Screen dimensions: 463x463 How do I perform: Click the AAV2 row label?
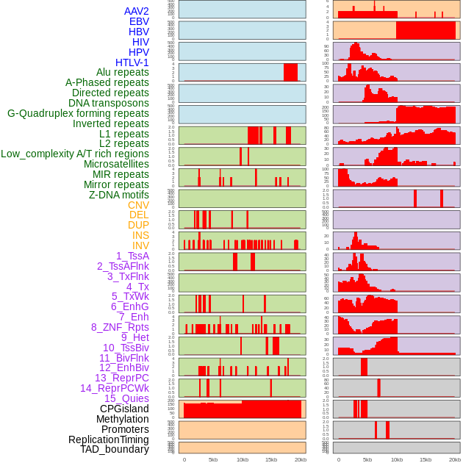click(137, 11)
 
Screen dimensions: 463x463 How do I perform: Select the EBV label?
click(139, 21)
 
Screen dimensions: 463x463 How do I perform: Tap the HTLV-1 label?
click(132, 62)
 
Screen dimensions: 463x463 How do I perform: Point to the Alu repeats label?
click(123, 72)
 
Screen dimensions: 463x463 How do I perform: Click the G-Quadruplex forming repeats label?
click(78, 113)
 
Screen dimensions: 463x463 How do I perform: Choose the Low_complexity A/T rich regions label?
click(75, 154)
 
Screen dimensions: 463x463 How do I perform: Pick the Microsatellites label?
click(116, 164)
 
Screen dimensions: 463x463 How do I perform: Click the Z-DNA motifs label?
click(119, 195)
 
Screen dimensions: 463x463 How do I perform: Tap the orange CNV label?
click(138, 205)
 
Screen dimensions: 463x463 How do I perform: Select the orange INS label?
click(140, 235)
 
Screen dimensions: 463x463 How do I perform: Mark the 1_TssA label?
click(132, 256)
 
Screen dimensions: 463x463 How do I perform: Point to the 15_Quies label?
click(126, 398)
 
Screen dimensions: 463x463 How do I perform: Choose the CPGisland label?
click(124, 409)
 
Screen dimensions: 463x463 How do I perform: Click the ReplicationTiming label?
click(109, 439)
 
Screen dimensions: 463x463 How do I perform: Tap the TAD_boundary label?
click(115, 449)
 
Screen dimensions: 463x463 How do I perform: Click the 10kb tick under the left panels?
click(242, 459)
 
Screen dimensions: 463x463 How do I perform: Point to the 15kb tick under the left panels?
click(271, 459)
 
